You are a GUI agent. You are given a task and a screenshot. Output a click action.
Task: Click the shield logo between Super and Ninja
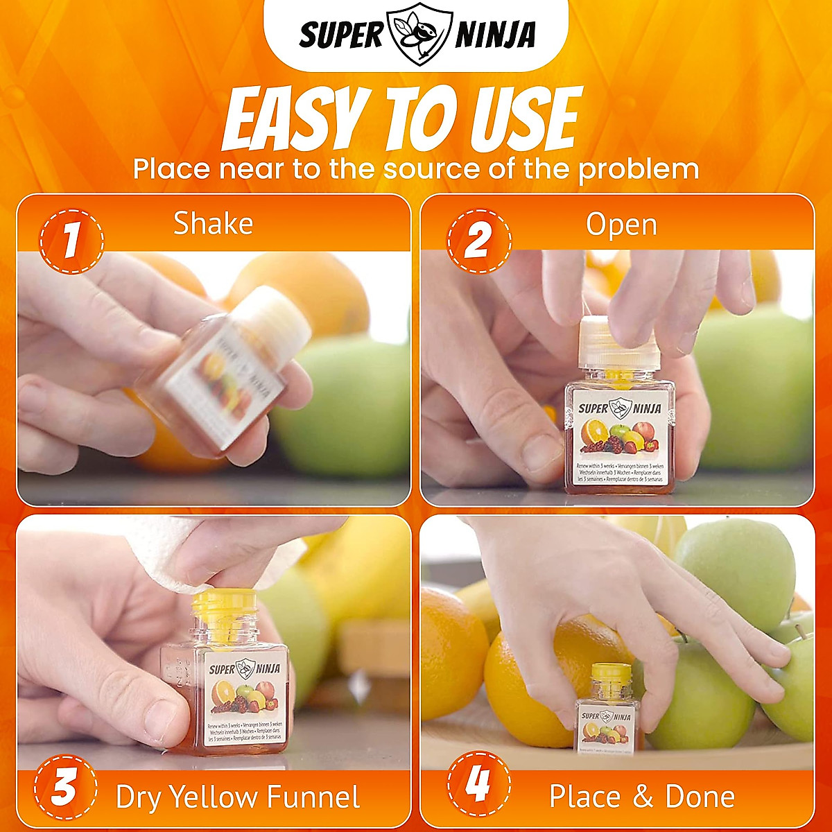[x=416, y=35]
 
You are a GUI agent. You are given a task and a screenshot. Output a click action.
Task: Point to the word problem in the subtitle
[x=639, y=170]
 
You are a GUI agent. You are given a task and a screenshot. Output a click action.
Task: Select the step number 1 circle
[x=71, y=242]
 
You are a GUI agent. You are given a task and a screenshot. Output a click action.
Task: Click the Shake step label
[x=213, y=224]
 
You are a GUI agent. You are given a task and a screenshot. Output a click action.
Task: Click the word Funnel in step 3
[x=316, y=797]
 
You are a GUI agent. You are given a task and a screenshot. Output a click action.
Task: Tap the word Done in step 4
[x=700, y=797]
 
